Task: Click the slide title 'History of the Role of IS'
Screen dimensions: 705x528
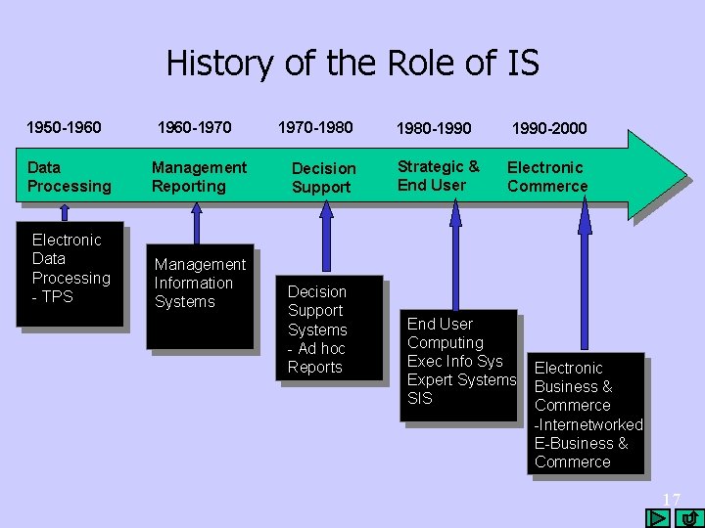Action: (x=352, y=64)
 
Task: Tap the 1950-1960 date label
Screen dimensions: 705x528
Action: (x=64, y=127)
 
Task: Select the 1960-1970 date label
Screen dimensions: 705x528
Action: (x=196, y=127)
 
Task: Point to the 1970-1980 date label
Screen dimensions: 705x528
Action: (x=315, y=127)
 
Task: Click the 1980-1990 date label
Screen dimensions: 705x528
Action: (x=434, y=128)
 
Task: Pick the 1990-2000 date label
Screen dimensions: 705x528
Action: (x=549, y=128)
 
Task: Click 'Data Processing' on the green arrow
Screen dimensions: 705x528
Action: (x=70, y=177)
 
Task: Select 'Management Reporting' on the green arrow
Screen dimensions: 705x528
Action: (x=199, y=177)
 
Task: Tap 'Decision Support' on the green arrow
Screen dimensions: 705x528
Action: (x=323, y=178)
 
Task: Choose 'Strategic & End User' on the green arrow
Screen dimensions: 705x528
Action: (x=438, y=176)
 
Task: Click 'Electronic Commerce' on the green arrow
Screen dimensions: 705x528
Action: (x=546, y=177)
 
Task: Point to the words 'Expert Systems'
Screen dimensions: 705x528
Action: (x=461, y=379)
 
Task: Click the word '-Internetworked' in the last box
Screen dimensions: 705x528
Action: (x=588, y=424)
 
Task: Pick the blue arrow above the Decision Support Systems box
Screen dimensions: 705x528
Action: (x=323, y=240)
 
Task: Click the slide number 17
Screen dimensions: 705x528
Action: (x=671, y=500)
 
